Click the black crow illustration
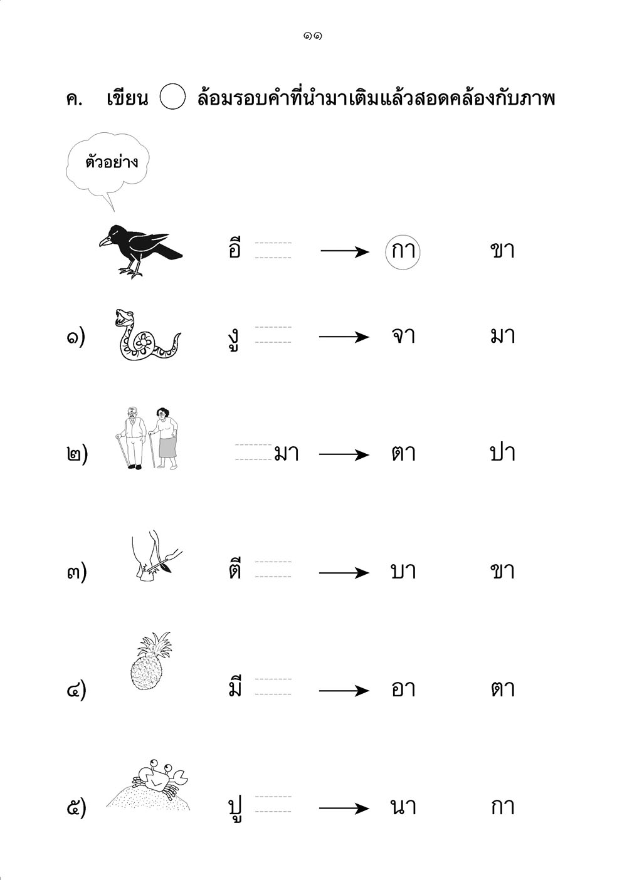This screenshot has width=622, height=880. click(140, 251)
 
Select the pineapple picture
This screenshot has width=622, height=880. click(150, 661)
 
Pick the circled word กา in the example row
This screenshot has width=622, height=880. click(403, 251)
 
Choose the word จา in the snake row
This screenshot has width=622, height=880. click(403, 337)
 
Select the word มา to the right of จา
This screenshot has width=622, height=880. click(502, 337)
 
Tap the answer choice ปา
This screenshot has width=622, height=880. click(502, 453)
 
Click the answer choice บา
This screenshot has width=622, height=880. click(403, 571)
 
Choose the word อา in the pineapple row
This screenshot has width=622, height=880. click(403, 689)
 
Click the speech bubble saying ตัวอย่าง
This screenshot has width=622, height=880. click(108, 165)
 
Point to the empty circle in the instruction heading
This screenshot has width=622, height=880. click(172, 97)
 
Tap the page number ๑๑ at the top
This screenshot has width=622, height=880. click(312, 36)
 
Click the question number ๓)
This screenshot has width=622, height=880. click(76, 572)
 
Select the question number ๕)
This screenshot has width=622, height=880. click(76, 808)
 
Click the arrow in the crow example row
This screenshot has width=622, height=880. click(345, 251)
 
